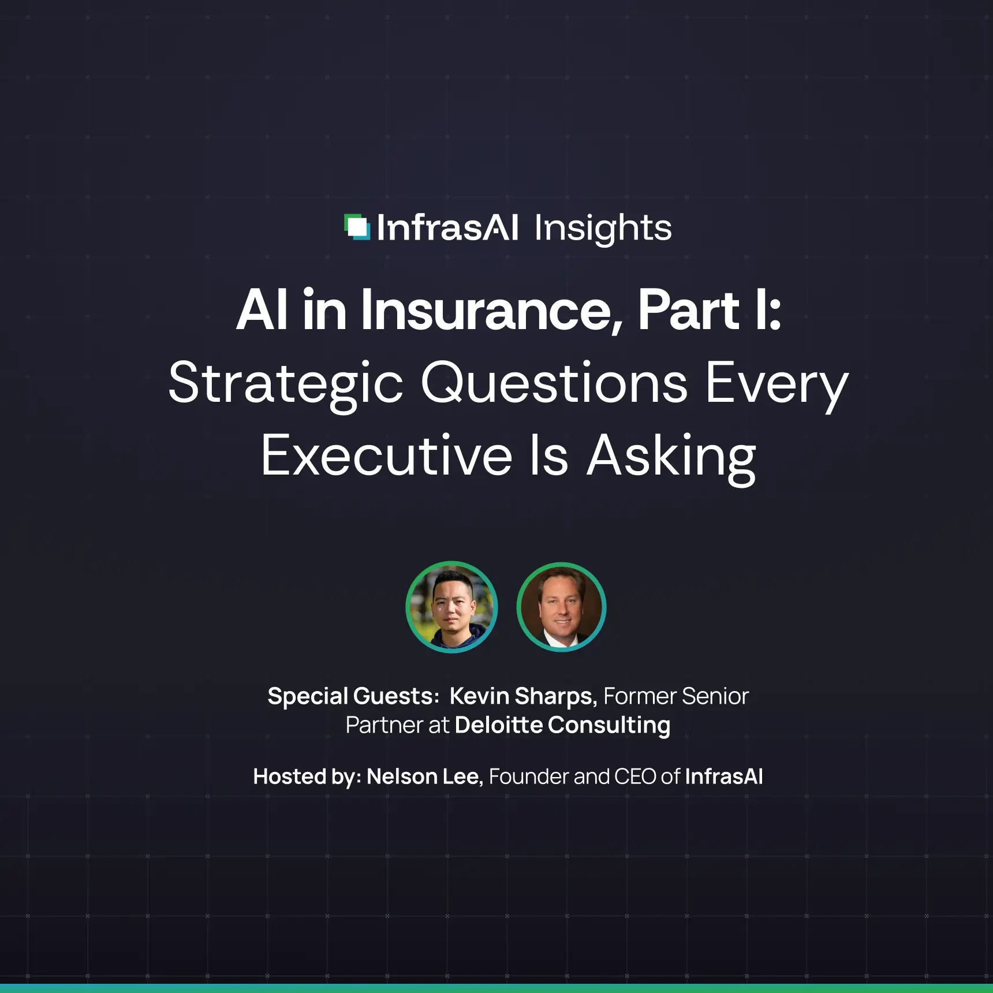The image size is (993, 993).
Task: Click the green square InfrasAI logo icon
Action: click(x=357, y=227)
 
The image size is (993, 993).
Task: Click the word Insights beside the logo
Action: click(x=603, y=228)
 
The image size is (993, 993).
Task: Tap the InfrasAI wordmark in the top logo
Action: click(x=447, y=227)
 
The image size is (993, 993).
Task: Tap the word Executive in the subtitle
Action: click(x=386, y=456)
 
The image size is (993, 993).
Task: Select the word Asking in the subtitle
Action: click(x=671, y=456)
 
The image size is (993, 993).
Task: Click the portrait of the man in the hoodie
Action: click(x=451, y=607)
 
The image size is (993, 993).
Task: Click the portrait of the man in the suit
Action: click(x=561, y=607)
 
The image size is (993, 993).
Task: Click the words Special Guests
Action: click(x=353, y=696)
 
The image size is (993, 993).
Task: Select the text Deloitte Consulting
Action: click(x=562, y=725)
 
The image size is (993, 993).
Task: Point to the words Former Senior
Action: click(x=676, y=696)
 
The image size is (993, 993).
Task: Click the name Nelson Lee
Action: click(x=424, y=777)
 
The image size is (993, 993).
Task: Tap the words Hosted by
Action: click(x=307, y=777)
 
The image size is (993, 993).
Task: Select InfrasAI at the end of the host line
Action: click(x=724, y=777)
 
